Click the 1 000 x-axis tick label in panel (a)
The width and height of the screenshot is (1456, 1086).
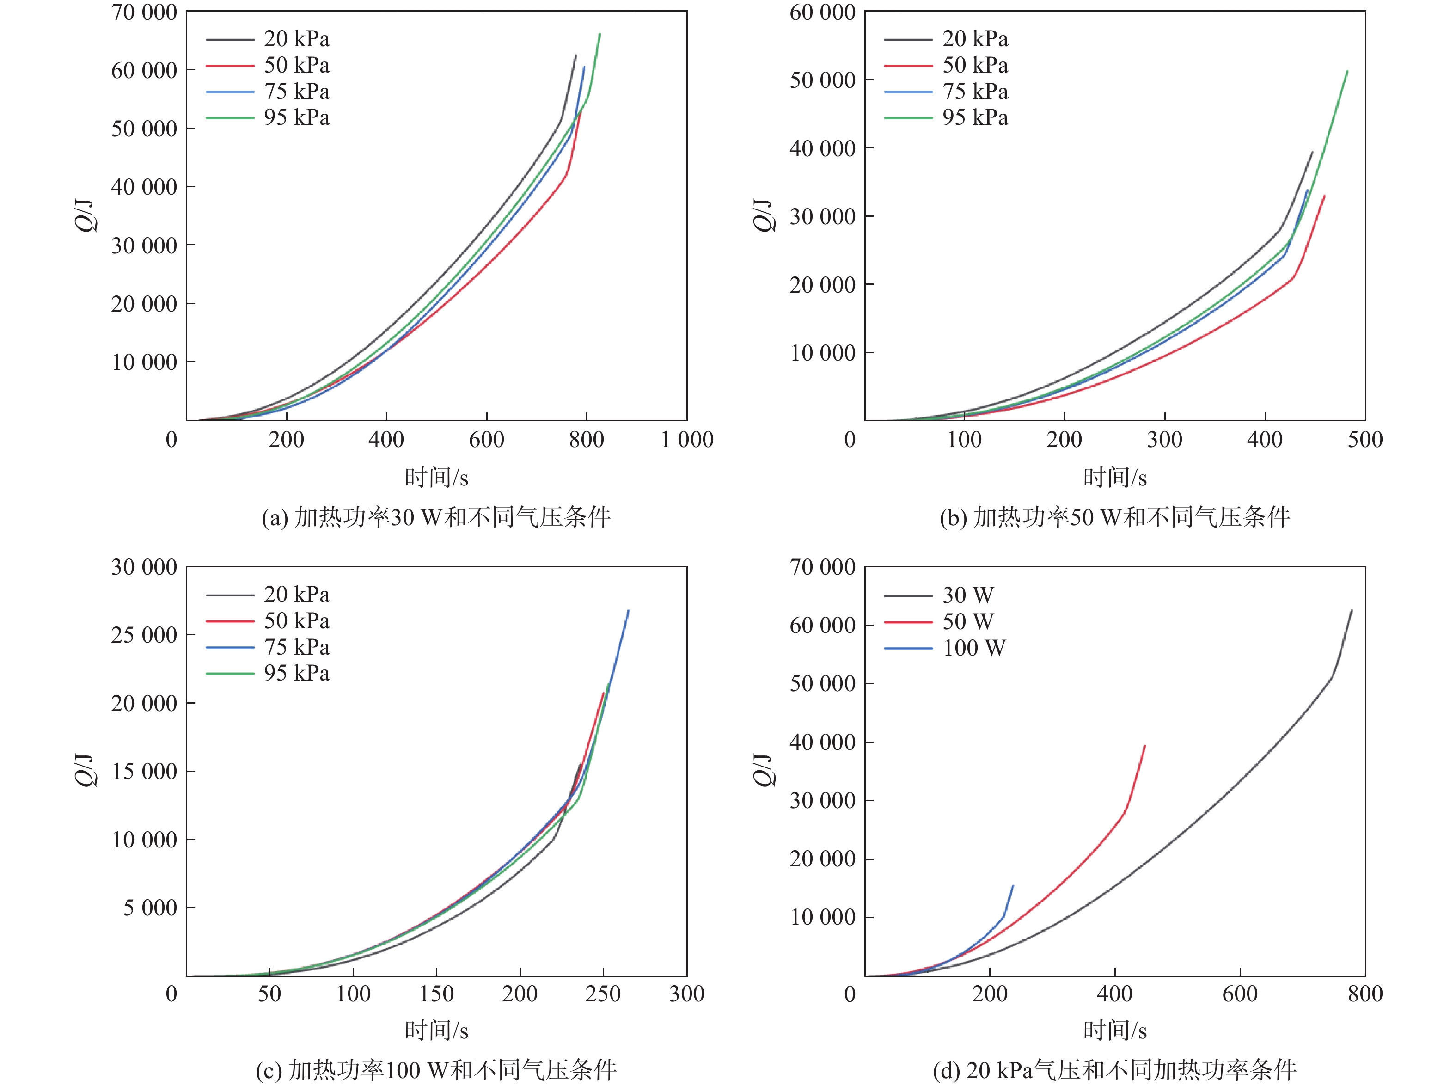coord(687,440)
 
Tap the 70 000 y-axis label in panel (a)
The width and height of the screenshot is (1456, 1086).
coord(144,12)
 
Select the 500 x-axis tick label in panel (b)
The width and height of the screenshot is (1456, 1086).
coord(1365,440)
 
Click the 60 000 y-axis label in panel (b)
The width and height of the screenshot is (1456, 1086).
coord(822,12)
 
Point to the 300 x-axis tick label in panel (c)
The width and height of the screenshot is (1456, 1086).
coord(687,994)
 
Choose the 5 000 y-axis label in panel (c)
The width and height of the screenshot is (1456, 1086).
coord(150,908)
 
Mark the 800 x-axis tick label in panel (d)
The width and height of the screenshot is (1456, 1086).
coord(1365,994)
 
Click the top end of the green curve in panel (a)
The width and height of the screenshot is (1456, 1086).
coord(600,34)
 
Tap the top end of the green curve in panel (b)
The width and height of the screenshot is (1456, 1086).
coord(1347,71)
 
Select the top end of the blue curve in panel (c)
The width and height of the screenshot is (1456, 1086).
coord(629,611)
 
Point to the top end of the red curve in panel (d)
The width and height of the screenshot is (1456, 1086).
coord(1145,745)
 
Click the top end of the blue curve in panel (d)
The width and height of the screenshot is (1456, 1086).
coord(1013,886)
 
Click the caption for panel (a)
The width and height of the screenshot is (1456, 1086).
coord(436,517)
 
